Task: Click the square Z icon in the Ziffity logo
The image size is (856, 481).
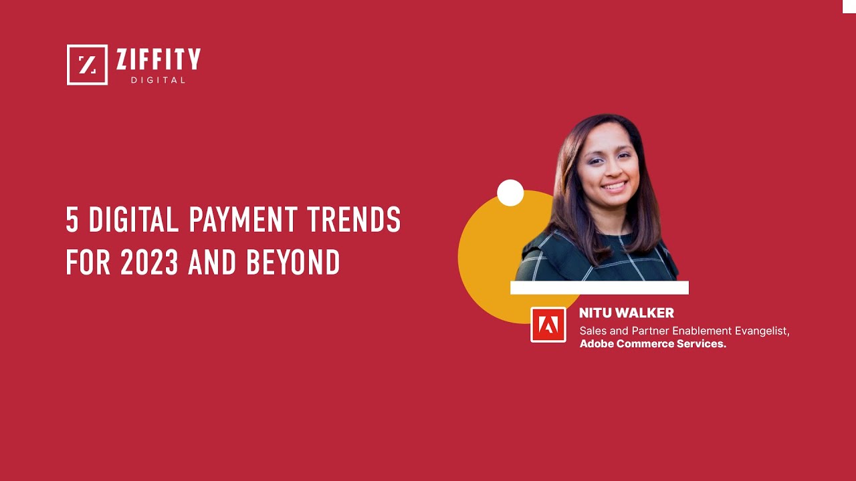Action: click(87, 65)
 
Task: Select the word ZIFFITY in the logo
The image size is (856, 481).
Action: click(158, 61)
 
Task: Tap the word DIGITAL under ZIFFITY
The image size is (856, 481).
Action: click(158, 80)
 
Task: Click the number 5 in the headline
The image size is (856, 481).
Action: click(72, 219)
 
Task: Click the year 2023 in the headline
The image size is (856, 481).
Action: click(149, 263)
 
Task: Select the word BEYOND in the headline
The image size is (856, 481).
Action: click(294, 263)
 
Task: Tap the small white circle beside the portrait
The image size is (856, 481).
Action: click(510, 193)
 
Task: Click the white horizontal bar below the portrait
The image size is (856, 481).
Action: click(599, 287)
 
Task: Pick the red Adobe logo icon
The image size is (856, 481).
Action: click(548, 325)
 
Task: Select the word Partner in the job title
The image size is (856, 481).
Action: click(650, 331)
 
